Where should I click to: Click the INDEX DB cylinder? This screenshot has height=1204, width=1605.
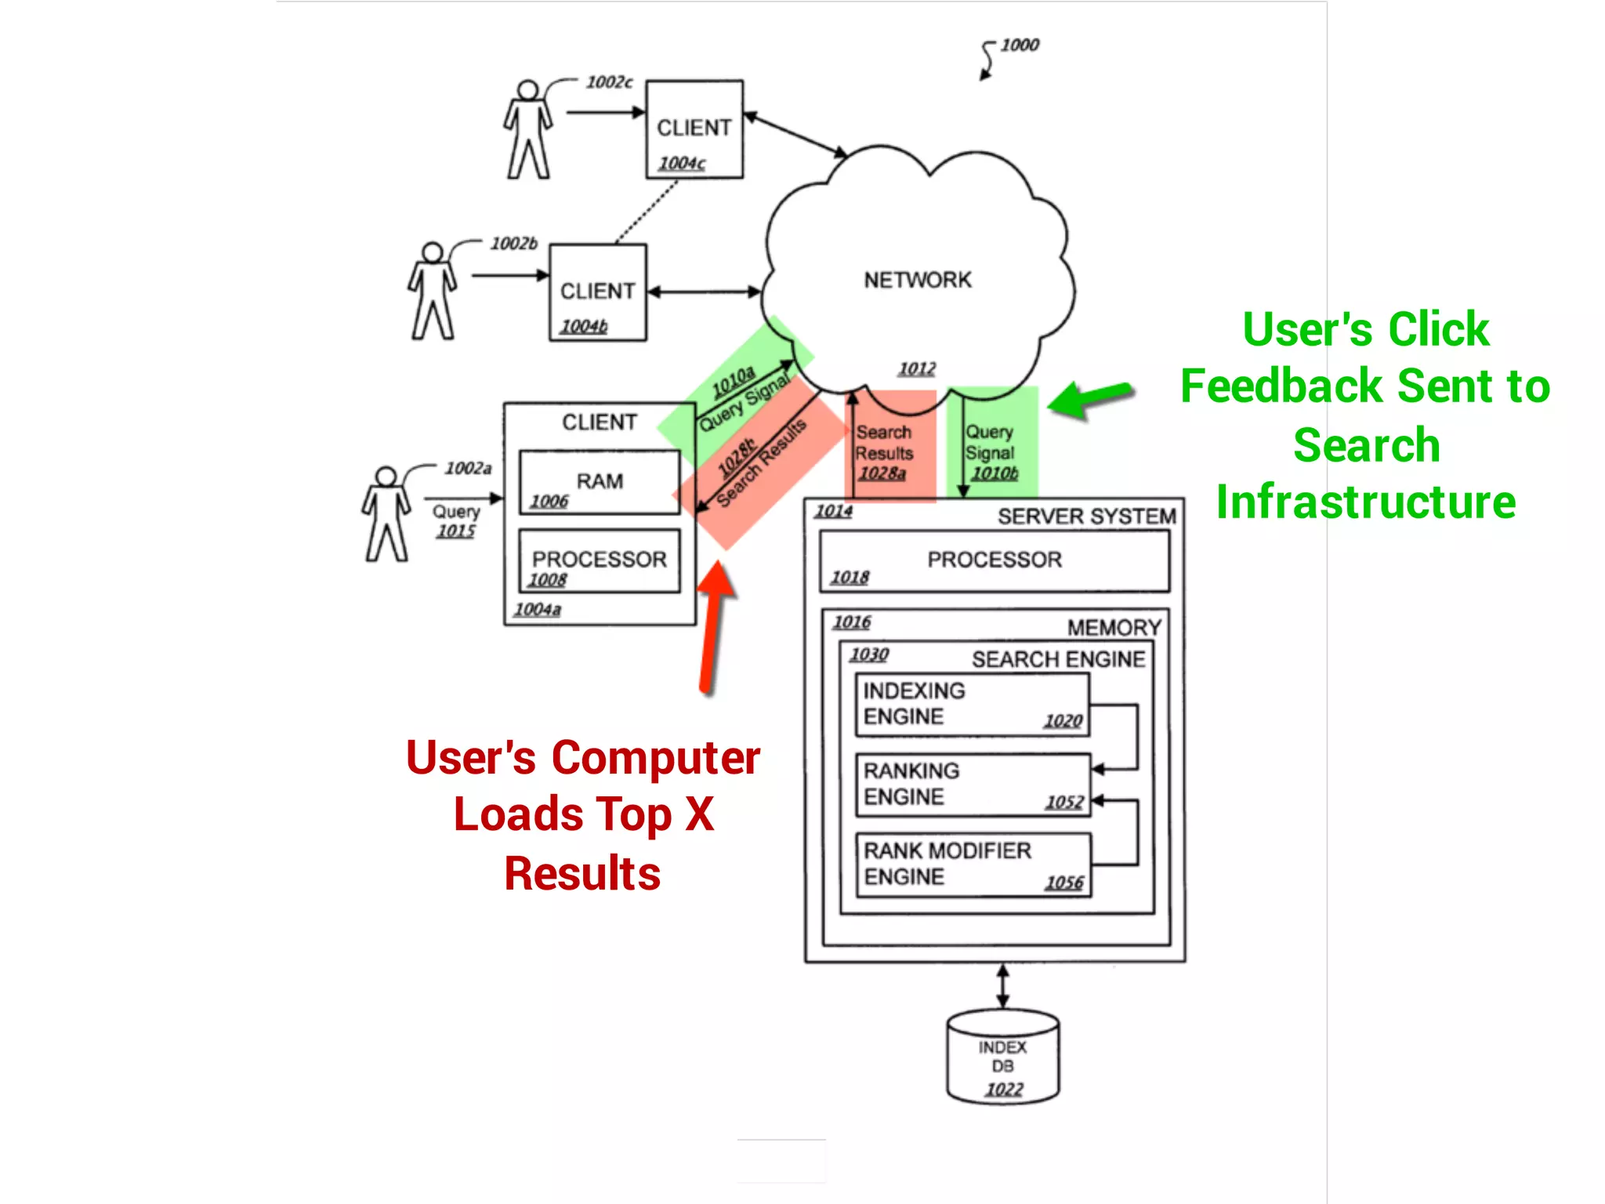pyautogui.click(x=1002, y=1058)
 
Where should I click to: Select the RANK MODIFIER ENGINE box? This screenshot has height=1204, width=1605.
pyautogui.click(x=973, y=865)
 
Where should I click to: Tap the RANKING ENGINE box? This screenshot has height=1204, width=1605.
pyautogui.click(x=973, y=785)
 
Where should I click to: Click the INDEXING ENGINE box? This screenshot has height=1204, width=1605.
pyautogui.click(x=972, y=704)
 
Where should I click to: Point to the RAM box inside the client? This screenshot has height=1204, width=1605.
pyautogui.click(x=600, y=482)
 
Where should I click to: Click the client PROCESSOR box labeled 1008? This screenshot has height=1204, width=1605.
pyautogui.click(x=600, y=560)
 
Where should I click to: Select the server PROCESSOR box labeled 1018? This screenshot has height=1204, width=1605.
pyautogui.click(x=994, y=560)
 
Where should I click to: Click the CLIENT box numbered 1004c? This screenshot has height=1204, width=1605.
pyautogui.click(x=694, y=129)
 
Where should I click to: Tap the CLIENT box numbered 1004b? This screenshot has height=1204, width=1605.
pyautogui.click(x=597, y=292)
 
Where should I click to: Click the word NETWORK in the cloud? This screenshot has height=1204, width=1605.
pyautogui.click(x=918, y=280)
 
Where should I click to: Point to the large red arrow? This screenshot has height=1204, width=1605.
pyautogui.click(x=713, y=627)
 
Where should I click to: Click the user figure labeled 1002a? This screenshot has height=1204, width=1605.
pyautogui.click(x=386, y=513)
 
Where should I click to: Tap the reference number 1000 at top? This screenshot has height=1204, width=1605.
pyautogui.click(x=1019, y=45)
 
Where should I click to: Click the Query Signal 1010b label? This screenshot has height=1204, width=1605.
pyautogui.click(x=991, y=452)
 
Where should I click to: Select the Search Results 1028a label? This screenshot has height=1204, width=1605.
pyautogui.click(x=883, y=452)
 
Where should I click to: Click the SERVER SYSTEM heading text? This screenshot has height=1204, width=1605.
pyautogui.click(x=1086, y=517)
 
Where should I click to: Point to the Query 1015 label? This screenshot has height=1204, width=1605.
pyautogui.click(x=456, y=520)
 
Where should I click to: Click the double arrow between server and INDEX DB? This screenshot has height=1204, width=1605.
pyautogui.click(x=1002, y=986)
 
